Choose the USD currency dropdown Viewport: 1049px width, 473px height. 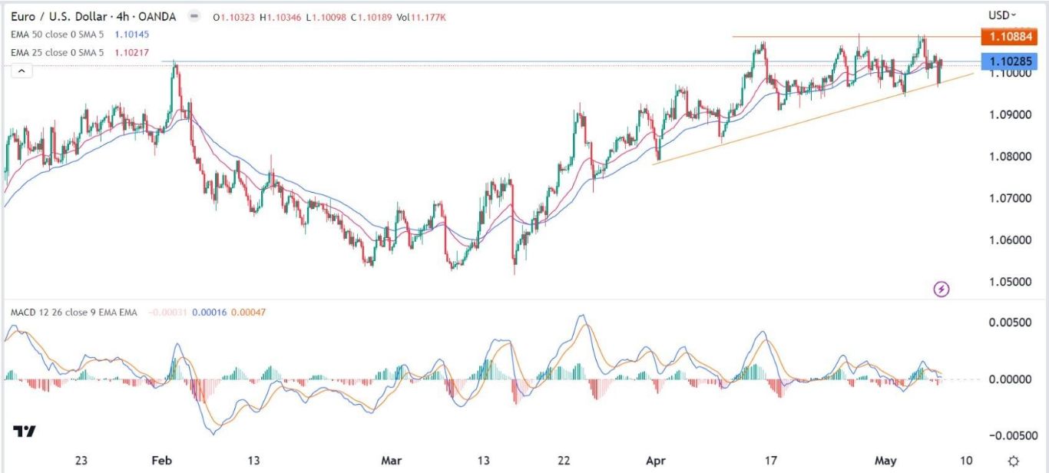tap(1002, 15)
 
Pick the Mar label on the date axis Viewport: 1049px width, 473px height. tap(392, 461)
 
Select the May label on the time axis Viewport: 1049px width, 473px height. tap(885, 461)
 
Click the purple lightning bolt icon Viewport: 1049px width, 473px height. tap(942, 289)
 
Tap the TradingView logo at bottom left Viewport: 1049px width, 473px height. tap(25, 432)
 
